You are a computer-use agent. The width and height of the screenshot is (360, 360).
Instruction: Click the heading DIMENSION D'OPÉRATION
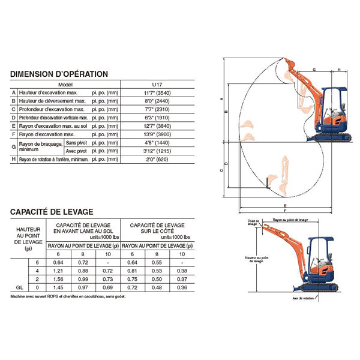(x=59, y=74)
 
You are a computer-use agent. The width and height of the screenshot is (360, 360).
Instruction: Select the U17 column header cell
(x=159, y=85)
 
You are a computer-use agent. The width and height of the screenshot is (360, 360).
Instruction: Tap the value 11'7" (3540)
(x=159, y=94)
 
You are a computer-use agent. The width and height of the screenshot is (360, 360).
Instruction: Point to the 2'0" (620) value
(x=159, y=160)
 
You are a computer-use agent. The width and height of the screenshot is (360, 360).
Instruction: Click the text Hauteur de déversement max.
(x=52, y=102)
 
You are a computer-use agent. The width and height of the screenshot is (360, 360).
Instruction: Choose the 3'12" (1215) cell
(x=159, y=152)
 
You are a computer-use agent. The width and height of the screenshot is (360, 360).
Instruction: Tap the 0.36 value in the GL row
(x=181, y=289)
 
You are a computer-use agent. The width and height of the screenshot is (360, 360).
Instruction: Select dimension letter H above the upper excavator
(x=339, y=70)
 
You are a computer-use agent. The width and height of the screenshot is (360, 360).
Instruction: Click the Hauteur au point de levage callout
(x=254, y=259)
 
